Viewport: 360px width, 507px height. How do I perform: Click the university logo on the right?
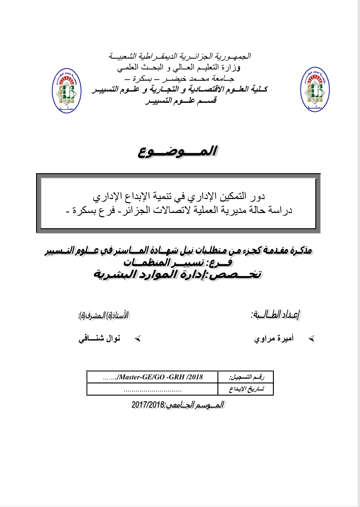point(315,90)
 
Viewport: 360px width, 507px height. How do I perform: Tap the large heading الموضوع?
point(179,152)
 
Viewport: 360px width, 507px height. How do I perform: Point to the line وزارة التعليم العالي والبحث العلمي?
point(180,69)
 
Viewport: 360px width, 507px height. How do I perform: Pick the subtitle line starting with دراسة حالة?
point(179,209)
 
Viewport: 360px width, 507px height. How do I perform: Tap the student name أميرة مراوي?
point(275,338)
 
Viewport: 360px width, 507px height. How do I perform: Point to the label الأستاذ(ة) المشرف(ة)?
point(104,313)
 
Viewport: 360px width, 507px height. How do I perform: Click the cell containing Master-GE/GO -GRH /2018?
point(152,377)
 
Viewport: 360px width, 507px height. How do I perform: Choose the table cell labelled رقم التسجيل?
point(246,377)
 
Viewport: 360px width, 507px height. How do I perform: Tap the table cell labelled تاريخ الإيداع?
point(246,388)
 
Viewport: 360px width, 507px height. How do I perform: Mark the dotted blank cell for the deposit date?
point(152,388)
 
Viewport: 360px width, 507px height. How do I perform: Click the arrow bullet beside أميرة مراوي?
point(310,338)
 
